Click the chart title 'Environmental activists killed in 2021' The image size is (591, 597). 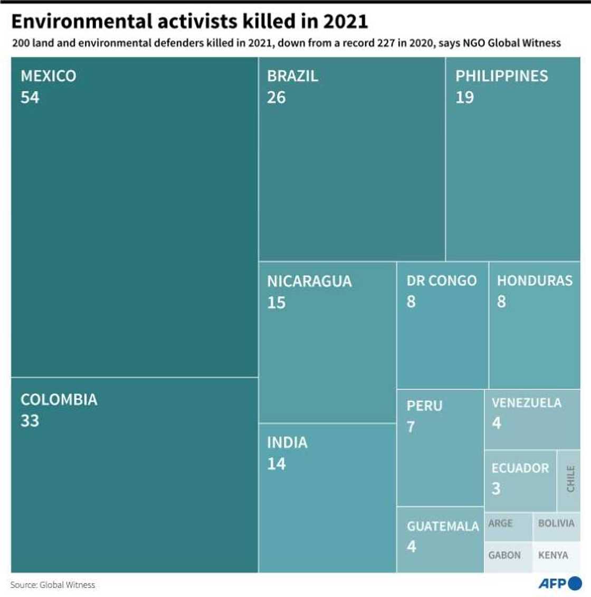click(x=189, y=21)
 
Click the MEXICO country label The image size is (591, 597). click(x=48, y=76)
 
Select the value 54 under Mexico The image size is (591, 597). click(x=30, y=98)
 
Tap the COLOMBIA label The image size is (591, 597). click(x=59, y=400)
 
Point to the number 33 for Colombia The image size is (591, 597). click(x=30, y=421)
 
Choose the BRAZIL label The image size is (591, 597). click(x=292, y=76)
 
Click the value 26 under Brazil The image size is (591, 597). click(x=277, y=98)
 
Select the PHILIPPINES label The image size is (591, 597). click(x=501, y=76)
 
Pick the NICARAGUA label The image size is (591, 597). click(x=309, y=281)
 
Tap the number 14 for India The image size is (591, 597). click(x=277, y=464)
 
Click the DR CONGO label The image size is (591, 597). click(x=441, y=281)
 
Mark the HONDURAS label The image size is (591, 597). click(x=535, y=281)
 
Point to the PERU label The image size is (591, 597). click(x=424, y=406)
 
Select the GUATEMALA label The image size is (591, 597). click(x=443, y=526)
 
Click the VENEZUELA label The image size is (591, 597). click(x=526, y=403)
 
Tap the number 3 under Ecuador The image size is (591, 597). click(x=496, y=488)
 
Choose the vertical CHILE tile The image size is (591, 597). click(x=569, y=479)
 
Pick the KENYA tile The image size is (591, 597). click(x=553, y=555)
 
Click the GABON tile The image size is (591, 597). click(x=504, y=555)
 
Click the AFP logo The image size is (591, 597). click(x=559, y=583)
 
